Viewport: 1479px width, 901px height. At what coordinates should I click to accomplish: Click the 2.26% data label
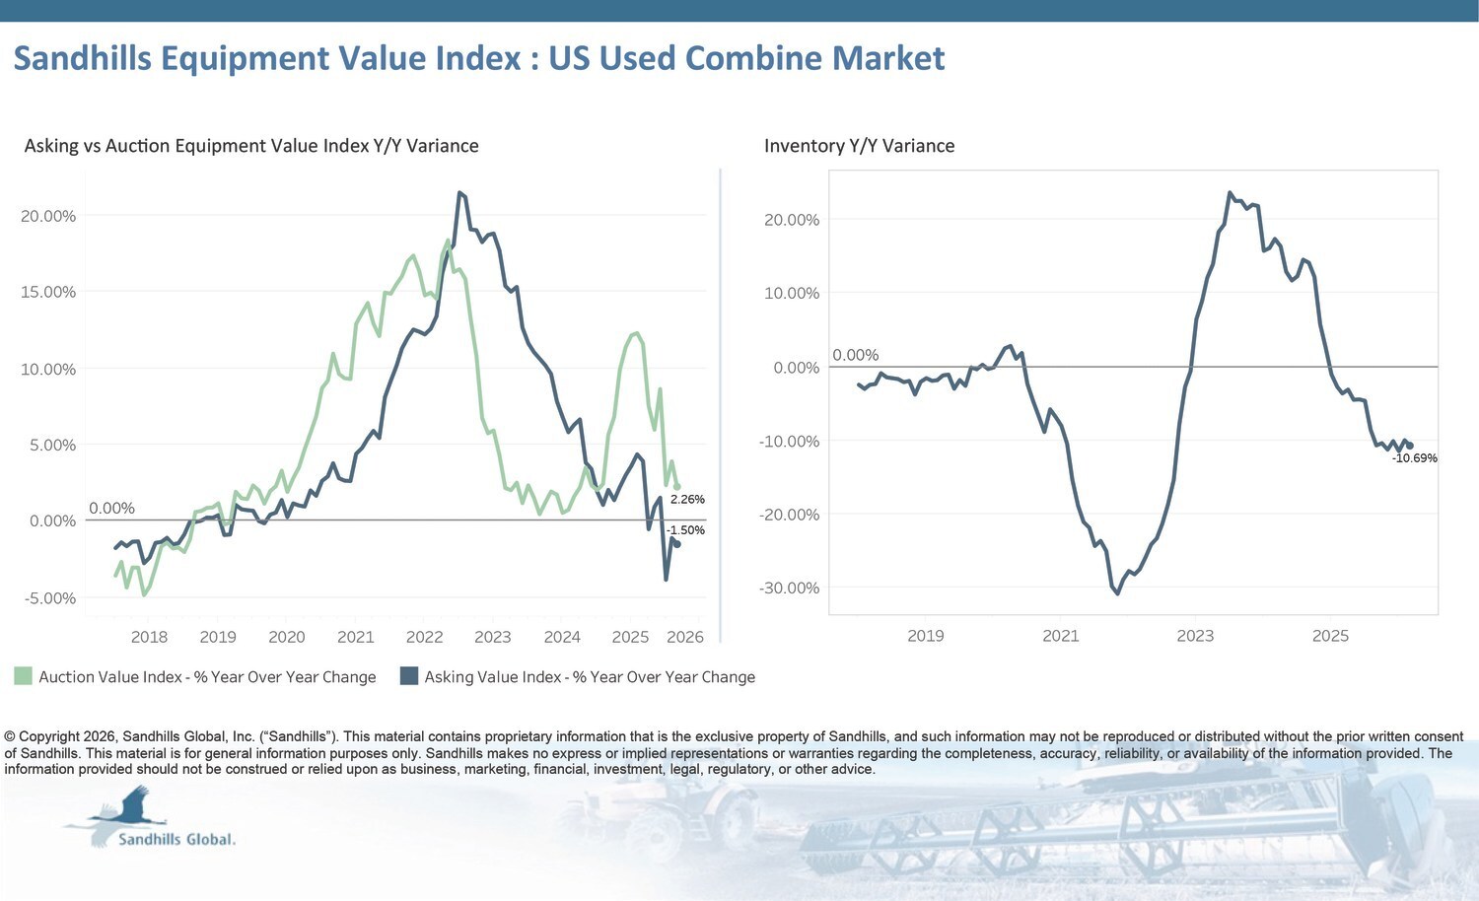point(687,500)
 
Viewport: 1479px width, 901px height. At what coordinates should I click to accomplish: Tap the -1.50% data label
point(685,530)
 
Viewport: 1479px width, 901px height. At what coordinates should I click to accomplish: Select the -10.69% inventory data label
point(1415,458)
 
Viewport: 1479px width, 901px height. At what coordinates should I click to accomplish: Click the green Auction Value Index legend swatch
point(23,676)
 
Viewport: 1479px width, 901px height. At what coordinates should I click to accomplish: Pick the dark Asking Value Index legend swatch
point(409,676)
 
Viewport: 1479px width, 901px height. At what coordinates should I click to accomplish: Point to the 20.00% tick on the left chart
point(48,216)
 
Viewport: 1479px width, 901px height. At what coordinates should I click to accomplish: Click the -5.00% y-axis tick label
point(48,598)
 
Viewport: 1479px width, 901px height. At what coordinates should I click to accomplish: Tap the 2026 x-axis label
point(685,637)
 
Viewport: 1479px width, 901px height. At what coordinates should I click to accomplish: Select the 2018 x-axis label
point(149,637)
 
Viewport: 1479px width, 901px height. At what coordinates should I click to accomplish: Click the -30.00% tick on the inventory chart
point(789,589)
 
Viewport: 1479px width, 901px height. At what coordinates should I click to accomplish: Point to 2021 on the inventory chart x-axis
point(1061,636)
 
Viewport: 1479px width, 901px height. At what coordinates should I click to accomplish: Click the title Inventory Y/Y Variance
point(859,146)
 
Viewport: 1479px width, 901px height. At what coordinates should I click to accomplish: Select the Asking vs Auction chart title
point(251,146)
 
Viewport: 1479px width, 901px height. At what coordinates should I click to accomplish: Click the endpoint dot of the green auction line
point(676,486)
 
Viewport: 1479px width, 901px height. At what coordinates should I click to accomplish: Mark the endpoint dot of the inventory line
point(1410,446)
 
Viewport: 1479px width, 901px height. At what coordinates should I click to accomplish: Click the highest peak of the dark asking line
point(459,192)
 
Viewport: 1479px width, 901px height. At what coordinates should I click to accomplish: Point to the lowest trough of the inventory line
point(1117,593)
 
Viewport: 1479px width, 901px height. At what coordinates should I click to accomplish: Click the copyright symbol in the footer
point(10,736)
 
